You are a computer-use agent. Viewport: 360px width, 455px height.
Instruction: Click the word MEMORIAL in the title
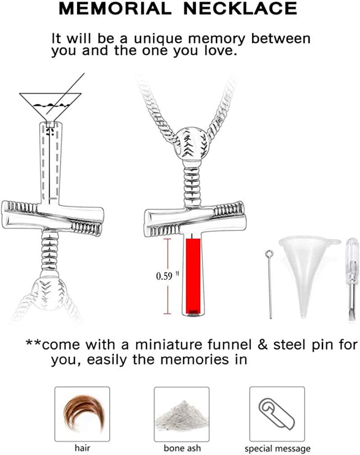[113, 9]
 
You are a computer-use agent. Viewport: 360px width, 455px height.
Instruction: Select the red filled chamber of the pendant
[194, 274]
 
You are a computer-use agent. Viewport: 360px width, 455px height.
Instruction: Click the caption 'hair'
[82, 448]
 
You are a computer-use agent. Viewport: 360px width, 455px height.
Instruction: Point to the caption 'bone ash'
[182, 448]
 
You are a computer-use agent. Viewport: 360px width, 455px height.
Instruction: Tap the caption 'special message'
[277, 448]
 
